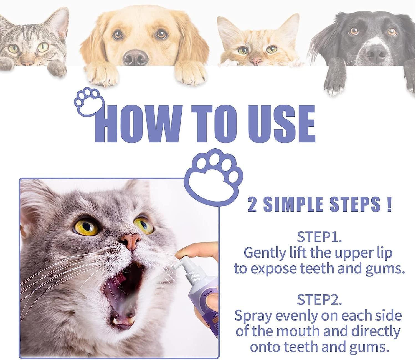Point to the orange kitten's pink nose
[x=256, y=60]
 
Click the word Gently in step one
[x=265, y=253]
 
